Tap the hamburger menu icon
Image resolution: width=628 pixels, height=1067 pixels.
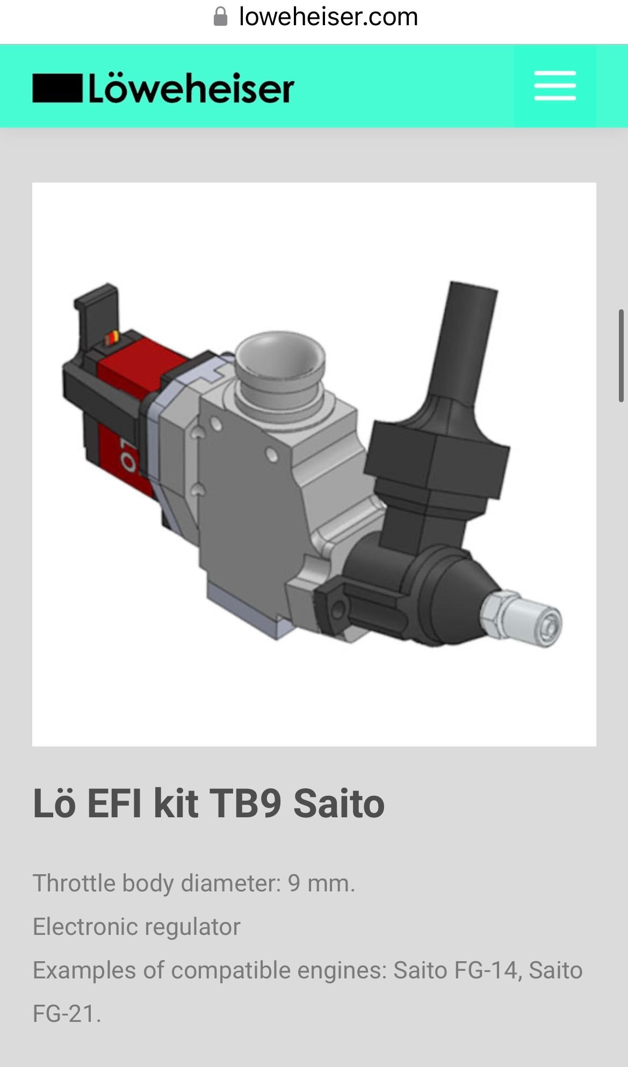tap(554, 86)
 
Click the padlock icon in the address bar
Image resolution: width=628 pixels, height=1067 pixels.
tap(220, 17)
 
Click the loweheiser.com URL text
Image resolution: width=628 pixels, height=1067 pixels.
tap(328, 17)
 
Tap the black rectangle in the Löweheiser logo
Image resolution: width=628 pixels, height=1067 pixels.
tap(57, 89)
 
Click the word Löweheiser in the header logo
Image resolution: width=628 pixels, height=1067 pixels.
tap(191, 89)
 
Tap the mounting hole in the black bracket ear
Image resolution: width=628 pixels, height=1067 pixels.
tap(338, 608)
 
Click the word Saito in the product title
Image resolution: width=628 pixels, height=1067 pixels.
tap(338, 804)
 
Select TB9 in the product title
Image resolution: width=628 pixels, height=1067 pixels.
tap(244, 804)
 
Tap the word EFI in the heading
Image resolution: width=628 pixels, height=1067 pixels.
tap(114, 804)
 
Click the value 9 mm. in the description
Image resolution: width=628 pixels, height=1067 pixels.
tap(321, 883)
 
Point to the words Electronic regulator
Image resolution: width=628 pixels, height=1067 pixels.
tap(136, 927)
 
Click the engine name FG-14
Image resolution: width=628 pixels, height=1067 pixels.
tap(486, 970)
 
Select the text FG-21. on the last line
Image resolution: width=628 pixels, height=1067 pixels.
tap(67, 1014)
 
